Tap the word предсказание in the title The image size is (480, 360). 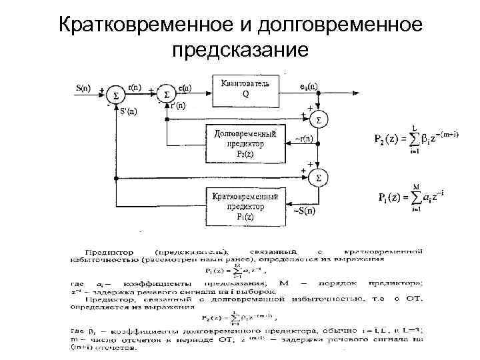240,50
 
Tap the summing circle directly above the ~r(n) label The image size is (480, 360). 320,120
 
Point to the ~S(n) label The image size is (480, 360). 305,211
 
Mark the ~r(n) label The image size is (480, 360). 305,139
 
